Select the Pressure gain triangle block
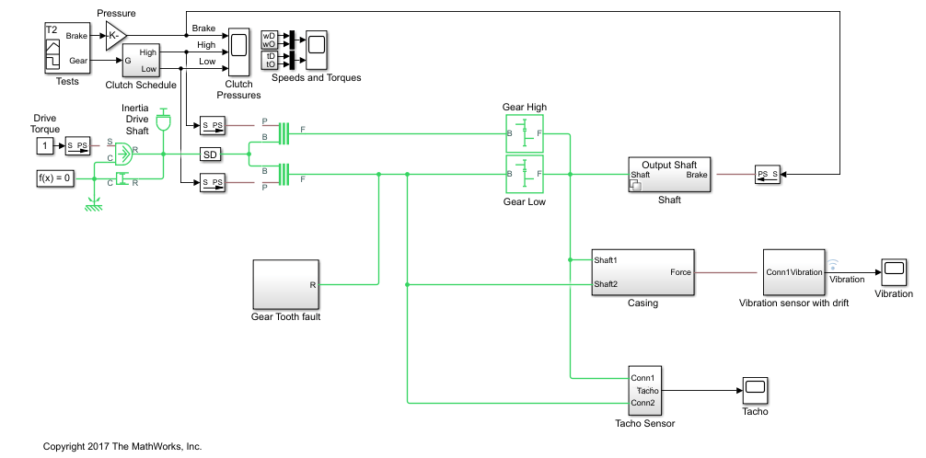coord(113,36)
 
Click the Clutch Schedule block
coord(142,61)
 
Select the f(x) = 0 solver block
coord(54,178)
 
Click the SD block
coord(211,155)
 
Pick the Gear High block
coord(525,134)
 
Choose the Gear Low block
coord(525,174)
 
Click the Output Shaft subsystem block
coord(669,173)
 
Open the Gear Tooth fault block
coord(286,284)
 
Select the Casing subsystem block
coord(642,272)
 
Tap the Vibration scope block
coord(893,269)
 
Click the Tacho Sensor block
coord(644,391)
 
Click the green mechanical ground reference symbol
coord(92,204)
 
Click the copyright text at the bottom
coord(122,446)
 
